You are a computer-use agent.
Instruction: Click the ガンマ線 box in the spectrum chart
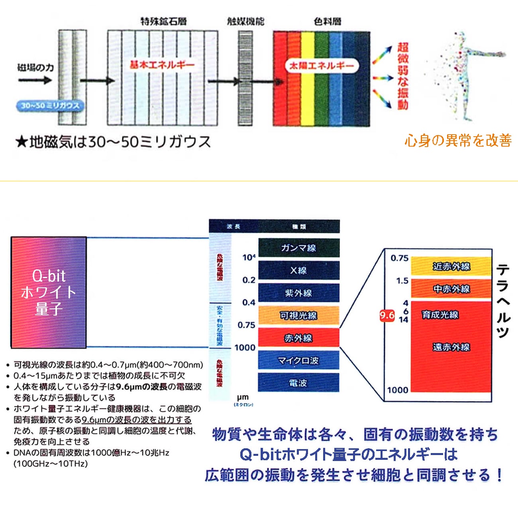[299, 248]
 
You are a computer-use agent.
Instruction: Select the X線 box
[299, 271]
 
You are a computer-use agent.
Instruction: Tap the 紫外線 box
[299, 293]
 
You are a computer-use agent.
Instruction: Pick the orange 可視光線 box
[299, 316]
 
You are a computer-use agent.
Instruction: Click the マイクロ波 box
[299, 361]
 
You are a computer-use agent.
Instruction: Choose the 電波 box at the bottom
[299, 383]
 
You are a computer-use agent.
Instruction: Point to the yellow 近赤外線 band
[451, 266]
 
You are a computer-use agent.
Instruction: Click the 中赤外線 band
[451, 289]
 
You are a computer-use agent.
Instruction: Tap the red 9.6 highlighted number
[387, 316]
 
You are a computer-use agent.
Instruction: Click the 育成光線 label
[440, 315]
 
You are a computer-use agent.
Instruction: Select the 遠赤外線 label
[451, 347]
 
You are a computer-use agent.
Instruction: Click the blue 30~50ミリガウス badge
[50, 106]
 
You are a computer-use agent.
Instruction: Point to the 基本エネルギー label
[162, 65]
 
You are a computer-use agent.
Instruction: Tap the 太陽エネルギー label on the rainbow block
[321, 66]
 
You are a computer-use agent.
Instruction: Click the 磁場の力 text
[35, 68]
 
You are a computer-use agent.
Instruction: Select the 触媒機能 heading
[245, 21]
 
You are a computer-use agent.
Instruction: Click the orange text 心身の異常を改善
[458, 140]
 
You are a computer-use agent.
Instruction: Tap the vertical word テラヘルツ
[503, 301]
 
